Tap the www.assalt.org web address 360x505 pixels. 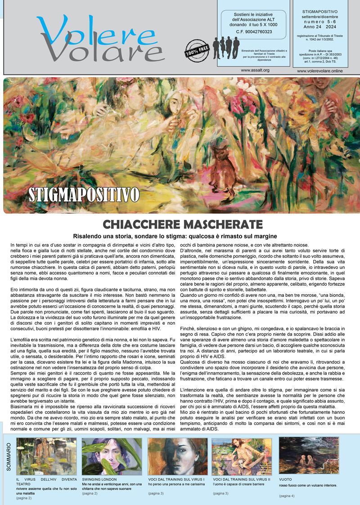click(255, 71)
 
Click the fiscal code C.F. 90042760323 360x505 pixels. click(254, 31)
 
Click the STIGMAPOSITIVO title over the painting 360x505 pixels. click(83, 195)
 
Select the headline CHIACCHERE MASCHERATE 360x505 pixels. click(182, 224)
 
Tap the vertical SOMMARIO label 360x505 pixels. click(9, 457)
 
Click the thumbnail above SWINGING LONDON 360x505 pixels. click(112, 456)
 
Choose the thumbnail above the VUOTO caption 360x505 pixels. click(309, 455)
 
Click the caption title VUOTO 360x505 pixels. click(285, 479)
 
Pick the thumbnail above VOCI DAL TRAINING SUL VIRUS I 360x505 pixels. click(177, 456)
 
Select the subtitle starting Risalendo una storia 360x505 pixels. click(175, 236)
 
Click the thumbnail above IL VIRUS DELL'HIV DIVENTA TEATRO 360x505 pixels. click(46, 456)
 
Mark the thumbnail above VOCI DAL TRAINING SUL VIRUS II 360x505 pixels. click(242, 456)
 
